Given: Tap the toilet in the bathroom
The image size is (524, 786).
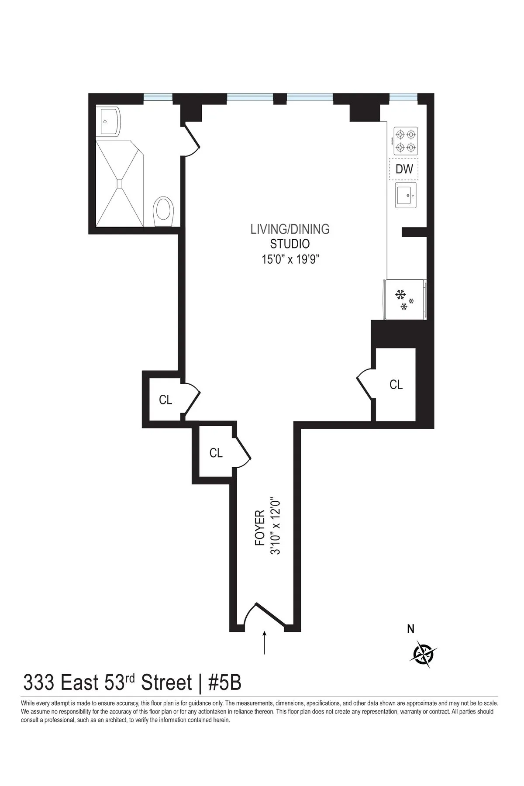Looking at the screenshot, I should [163, 211].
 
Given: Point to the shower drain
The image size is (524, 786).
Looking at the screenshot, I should [120, 183].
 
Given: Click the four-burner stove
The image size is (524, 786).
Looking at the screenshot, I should [405, 141].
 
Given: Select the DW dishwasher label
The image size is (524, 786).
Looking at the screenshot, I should [404, 169].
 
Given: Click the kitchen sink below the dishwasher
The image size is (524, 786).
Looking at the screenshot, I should [406, 195].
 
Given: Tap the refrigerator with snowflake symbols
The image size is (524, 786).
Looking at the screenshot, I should [404, 300].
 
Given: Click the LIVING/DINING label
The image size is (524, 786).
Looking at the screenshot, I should [290, 229].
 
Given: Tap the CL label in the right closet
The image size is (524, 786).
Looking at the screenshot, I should [396, 384].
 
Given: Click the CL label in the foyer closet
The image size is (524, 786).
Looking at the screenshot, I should [216, 453].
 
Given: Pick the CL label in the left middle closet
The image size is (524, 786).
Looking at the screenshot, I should [165, 400].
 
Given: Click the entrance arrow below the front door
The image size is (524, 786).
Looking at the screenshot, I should [264, 642].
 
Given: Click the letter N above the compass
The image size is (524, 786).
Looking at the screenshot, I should [410, 629].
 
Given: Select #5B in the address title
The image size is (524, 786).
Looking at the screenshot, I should [224, 683].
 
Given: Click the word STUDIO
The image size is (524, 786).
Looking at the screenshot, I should [290, 244].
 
